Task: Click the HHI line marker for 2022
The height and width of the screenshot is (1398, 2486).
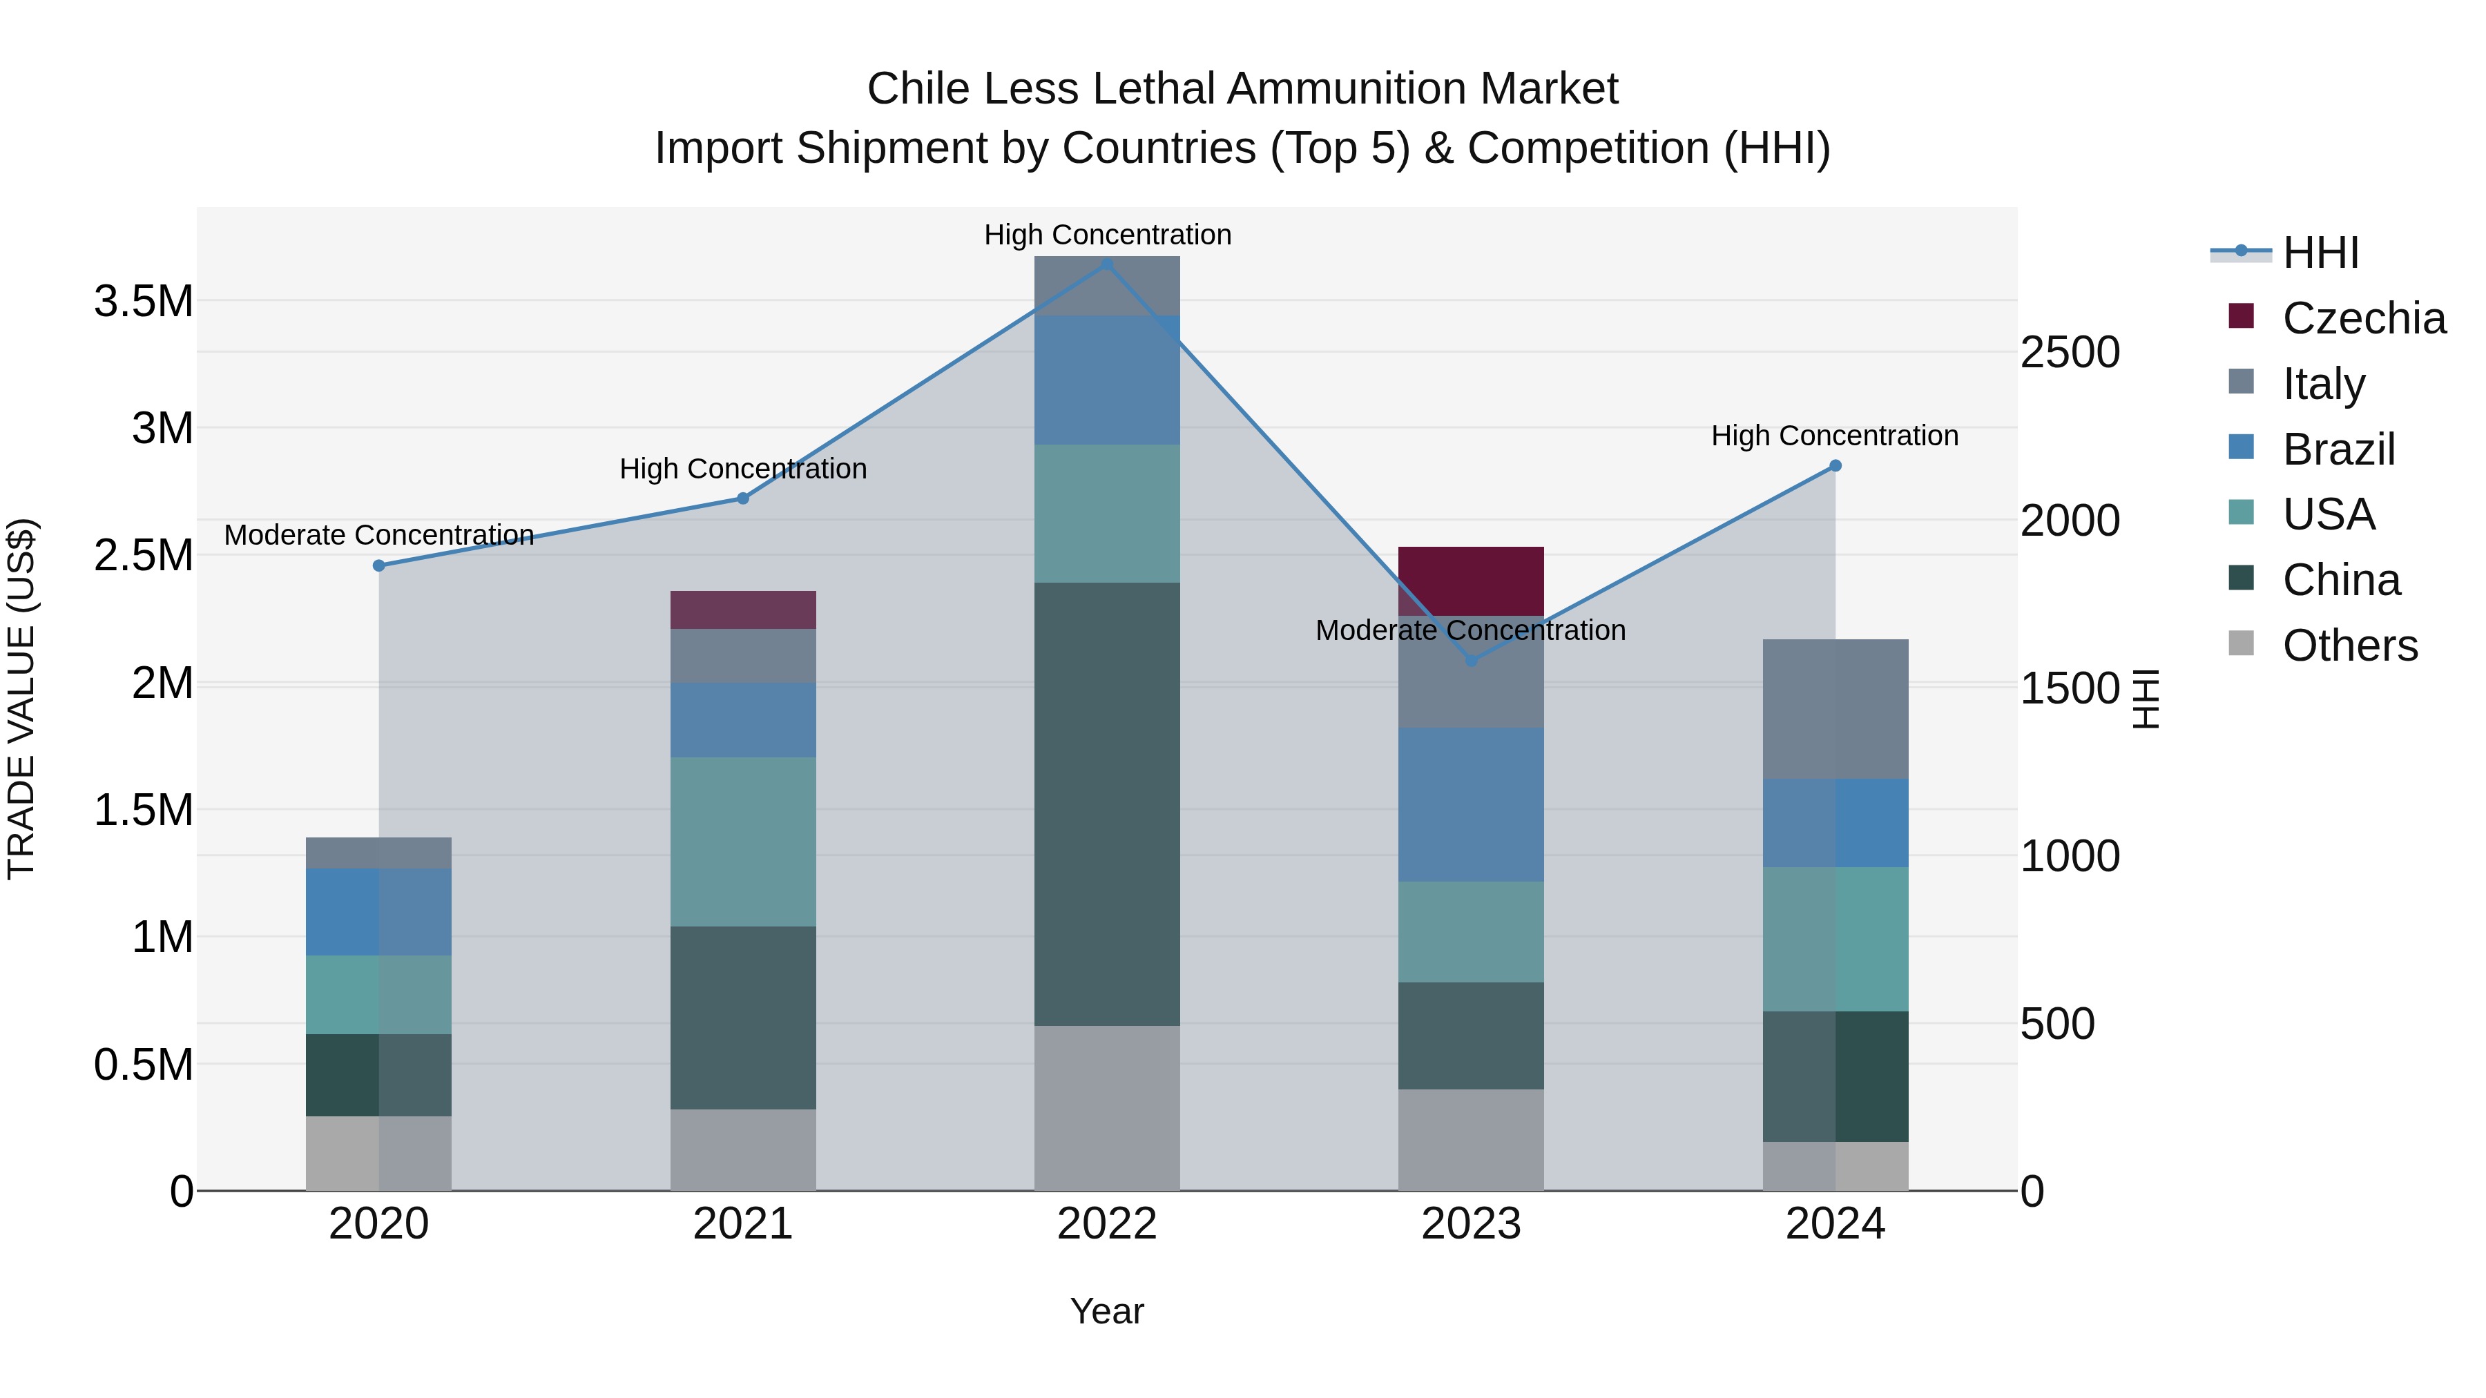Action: [x=1107, y=264]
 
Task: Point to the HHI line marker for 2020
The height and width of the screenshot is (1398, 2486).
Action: [x=379, y=565]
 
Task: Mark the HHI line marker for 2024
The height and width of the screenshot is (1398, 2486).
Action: [x=1835, y=466]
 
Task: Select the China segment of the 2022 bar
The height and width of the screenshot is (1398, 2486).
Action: [x=1107, y=803]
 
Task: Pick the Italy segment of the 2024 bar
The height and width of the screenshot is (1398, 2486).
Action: [x=1835, y=709]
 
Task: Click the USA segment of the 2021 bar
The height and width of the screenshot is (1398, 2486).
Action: [x=743, y=842]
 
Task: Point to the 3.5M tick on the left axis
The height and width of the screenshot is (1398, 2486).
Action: [x=143, y=302]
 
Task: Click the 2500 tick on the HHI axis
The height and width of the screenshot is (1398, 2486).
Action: [x=2070, y=353]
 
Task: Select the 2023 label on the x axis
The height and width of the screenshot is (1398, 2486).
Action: [x=1471, y=1224]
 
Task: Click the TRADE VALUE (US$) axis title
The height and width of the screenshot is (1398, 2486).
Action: [x=21, y=699]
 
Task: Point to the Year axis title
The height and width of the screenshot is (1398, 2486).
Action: [x=1107, y=1311]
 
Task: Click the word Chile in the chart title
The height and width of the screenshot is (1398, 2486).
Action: [x=921, y=89]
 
